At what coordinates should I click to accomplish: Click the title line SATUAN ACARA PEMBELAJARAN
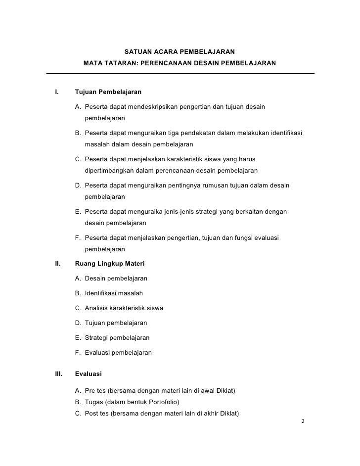pyautogui.click(x=180, y=52)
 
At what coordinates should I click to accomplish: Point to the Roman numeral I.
pyautogui.click(x=57, y=92)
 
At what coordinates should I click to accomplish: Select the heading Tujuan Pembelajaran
pyautogui.click(x=108, y=92)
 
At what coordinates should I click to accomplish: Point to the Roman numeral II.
pyautogui.click(x=57, y=263)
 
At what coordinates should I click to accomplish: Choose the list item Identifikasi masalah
pyautogui.click(x=113, y=293)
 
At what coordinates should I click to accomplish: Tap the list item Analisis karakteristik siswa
pyautogui.click(x=124, y=308)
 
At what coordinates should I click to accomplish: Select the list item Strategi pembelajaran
pyautogui.click(x=117, y=338)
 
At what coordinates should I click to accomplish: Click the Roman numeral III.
pyautogui.click(x=58, y=374)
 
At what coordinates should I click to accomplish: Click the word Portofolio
pyautogui.click(x=161, y=401)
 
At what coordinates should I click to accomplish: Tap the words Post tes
pyautogui.click(x=96, y=413)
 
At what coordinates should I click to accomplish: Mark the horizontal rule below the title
pyautogui.click(x=180, y=74)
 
